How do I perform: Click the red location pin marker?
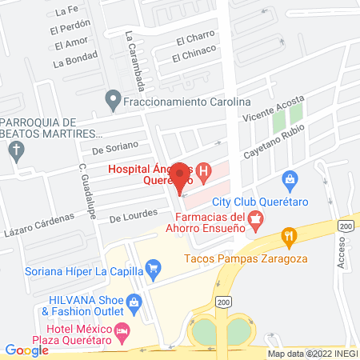[181, 177]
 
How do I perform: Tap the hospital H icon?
[204, 171]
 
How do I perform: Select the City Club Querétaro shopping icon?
[290, 179]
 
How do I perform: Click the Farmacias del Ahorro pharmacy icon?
[256, 220]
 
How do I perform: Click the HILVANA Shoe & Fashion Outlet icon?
[134, 302]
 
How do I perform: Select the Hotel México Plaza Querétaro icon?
[122, 330]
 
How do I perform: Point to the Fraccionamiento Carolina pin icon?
[113, 102]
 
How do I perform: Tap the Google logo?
[26, 350]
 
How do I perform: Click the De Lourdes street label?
[130, 217]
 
